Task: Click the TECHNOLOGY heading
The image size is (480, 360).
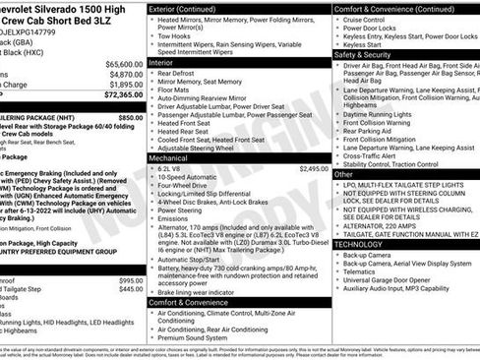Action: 361,244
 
